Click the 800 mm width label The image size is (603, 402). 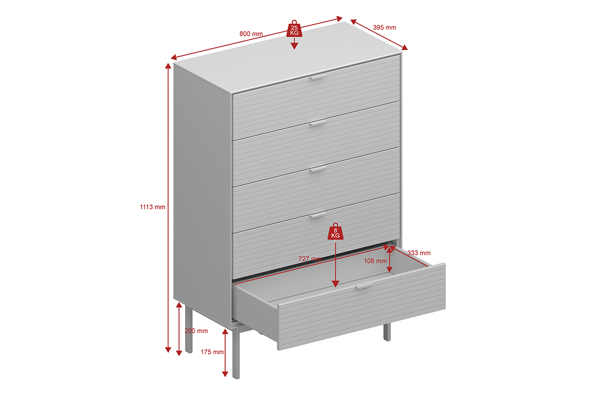coord(251,34)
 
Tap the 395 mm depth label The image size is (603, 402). coord(384,28)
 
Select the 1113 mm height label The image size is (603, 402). coord(152,207)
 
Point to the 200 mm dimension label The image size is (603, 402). coord(196,331)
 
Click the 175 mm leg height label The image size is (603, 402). coord(212,352)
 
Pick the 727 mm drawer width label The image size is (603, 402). coord(310,259)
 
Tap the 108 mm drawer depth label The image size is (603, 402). coord(375,261)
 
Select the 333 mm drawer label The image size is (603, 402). coord(419,253)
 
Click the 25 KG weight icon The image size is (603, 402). coord(294,29)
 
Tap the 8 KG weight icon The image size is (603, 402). coord(336,231)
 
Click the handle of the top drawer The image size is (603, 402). coord(318,77)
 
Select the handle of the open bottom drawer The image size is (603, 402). coord(364,285)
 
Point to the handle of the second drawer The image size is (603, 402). coord(318,123)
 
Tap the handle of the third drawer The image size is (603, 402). coord(318,169)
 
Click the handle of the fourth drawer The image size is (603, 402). coord(318,215)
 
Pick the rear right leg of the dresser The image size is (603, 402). coord(387,332)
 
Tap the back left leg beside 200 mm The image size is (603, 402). coord(189,330)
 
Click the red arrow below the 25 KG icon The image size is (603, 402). coord(294,43)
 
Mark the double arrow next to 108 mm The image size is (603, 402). coord(389,260)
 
